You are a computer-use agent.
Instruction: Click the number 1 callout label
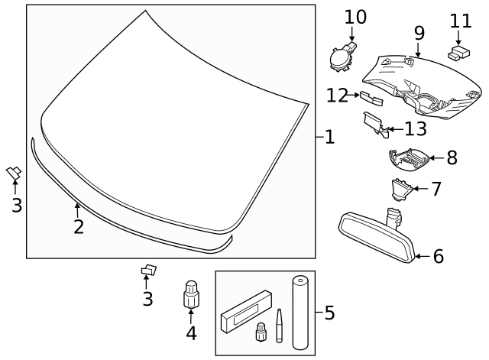coord(329,138)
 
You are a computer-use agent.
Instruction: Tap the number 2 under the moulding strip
coord(78,227)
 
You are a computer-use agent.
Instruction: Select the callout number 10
coord(355,16)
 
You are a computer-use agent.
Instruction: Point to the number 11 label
coord(461,21)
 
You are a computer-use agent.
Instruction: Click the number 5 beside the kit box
coord(329,313)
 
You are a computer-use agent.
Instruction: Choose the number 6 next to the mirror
coord(438,257)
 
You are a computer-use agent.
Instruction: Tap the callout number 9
coord(419,33)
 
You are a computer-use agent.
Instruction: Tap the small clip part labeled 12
coord(371,96)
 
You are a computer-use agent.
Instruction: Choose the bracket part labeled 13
coord(374,123)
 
